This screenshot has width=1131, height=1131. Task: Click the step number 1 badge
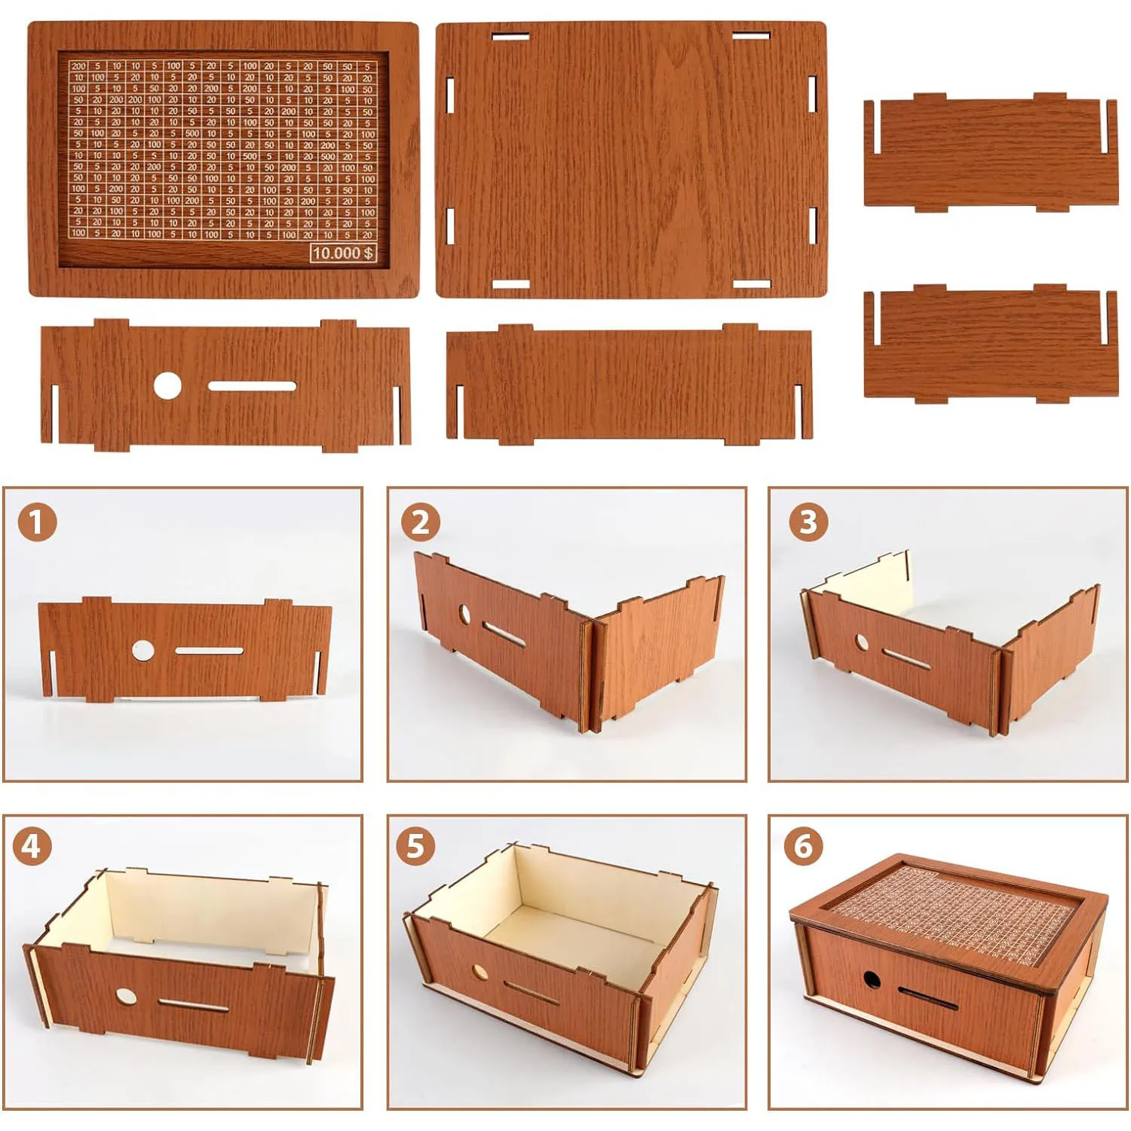click(x=37, y=522)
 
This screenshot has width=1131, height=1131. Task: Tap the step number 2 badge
click(x=420, y=522)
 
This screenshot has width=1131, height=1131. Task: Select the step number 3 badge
click(x=808, y=522)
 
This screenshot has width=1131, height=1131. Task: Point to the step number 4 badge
click(x=32, y=846)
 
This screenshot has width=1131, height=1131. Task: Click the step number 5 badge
click(x=415, y=846)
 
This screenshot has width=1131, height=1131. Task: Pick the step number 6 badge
click(x=803, y=846)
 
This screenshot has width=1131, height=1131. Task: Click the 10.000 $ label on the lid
click(x=343, y=253)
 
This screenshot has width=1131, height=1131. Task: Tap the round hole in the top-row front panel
click(x=167, y=385)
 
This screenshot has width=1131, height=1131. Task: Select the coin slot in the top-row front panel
click(x=252, y=386)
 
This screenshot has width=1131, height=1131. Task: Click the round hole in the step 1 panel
click(x=143, y=650)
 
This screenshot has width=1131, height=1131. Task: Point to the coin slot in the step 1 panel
click(x=209, y=651)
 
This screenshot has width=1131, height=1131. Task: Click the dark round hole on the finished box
click(x=872, y=980)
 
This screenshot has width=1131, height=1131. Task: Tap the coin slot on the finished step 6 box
click(x=927, y=998)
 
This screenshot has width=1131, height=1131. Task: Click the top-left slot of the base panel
click(x=510, y=35)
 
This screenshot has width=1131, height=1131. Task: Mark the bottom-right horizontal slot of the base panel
click(x=751, y=284)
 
